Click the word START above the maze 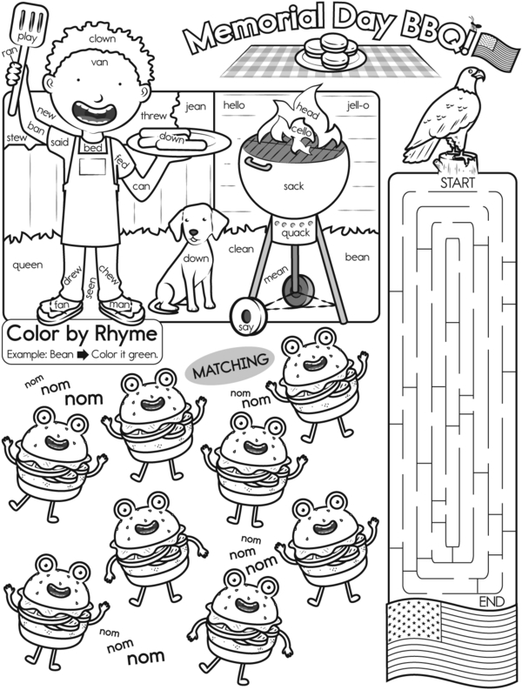(458, 183)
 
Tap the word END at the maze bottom (492, 601)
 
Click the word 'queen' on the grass (27, 265)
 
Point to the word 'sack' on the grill (293, 186)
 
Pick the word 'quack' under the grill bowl (296, 233)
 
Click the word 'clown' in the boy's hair (102, 39)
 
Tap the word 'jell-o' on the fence (358, 105)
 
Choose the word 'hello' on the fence (234, 104)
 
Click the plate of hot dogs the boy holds (178, 142)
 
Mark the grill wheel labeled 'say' (247, 316)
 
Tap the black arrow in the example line (83, 355)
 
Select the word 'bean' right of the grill (357, 257)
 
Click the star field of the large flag (414, 621)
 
